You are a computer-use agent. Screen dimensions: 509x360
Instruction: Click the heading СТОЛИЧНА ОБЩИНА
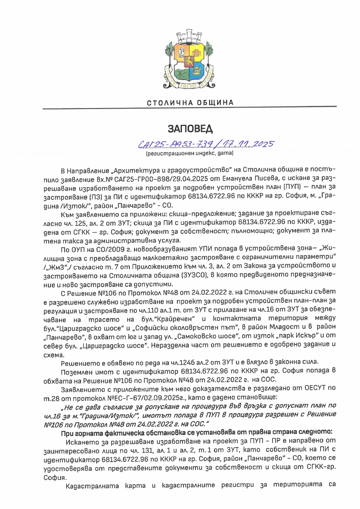(x=190, y=103)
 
